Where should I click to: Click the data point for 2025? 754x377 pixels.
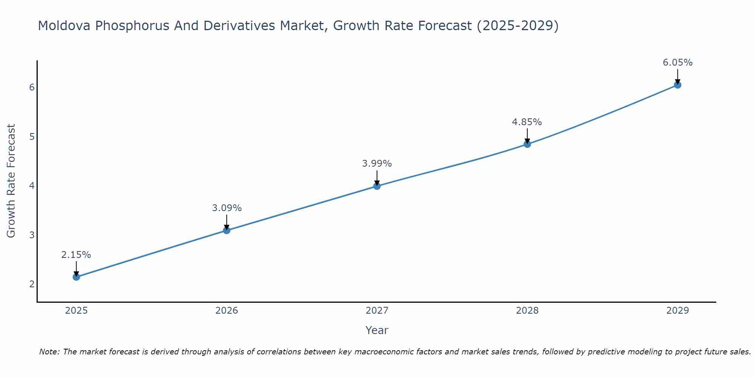click(x=76, y=277)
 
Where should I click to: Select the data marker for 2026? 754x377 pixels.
click(x=227, y=230)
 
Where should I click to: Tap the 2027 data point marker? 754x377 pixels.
click(x=377, y=186)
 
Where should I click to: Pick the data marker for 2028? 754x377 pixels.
click(x=527, y=144)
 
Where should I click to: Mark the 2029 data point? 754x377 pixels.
click(x=677, y=85)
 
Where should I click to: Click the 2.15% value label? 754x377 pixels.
click(x=76, y=255)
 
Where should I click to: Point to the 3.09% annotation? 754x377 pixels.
click(x=227, y=208)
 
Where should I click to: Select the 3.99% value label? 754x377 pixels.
click(x=377, y=164)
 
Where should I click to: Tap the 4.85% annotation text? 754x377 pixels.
click(x=527, y=122)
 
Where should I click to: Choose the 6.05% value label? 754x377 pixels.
click(x=677, y=63)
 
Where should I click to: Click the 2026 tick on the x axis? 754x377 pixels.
click(x=227, y=311)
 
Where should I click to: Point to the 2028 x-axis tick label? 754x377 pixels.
click(x=527, y=311)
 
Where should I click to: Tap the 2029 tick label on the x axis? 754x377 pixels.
click(x=677, y=311)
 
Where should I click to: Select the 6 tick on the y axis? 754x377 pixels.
click(x=32, y=87)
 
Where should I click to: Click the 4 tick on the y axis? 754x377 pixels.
click(x=32, y=186)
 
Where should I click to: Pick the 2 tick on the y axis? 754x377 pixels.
click(x=32, y=284)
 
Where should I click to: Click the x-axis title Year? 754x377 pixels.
click(x=377, y=330)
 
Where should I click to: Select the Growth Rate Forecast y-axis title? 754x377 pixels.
click(x=11, y=181)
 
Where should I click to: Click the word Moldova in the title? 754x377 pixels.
click(x=64, y=26)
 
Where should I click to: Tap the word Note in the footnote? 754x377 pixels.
click(x=49, y=352)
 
